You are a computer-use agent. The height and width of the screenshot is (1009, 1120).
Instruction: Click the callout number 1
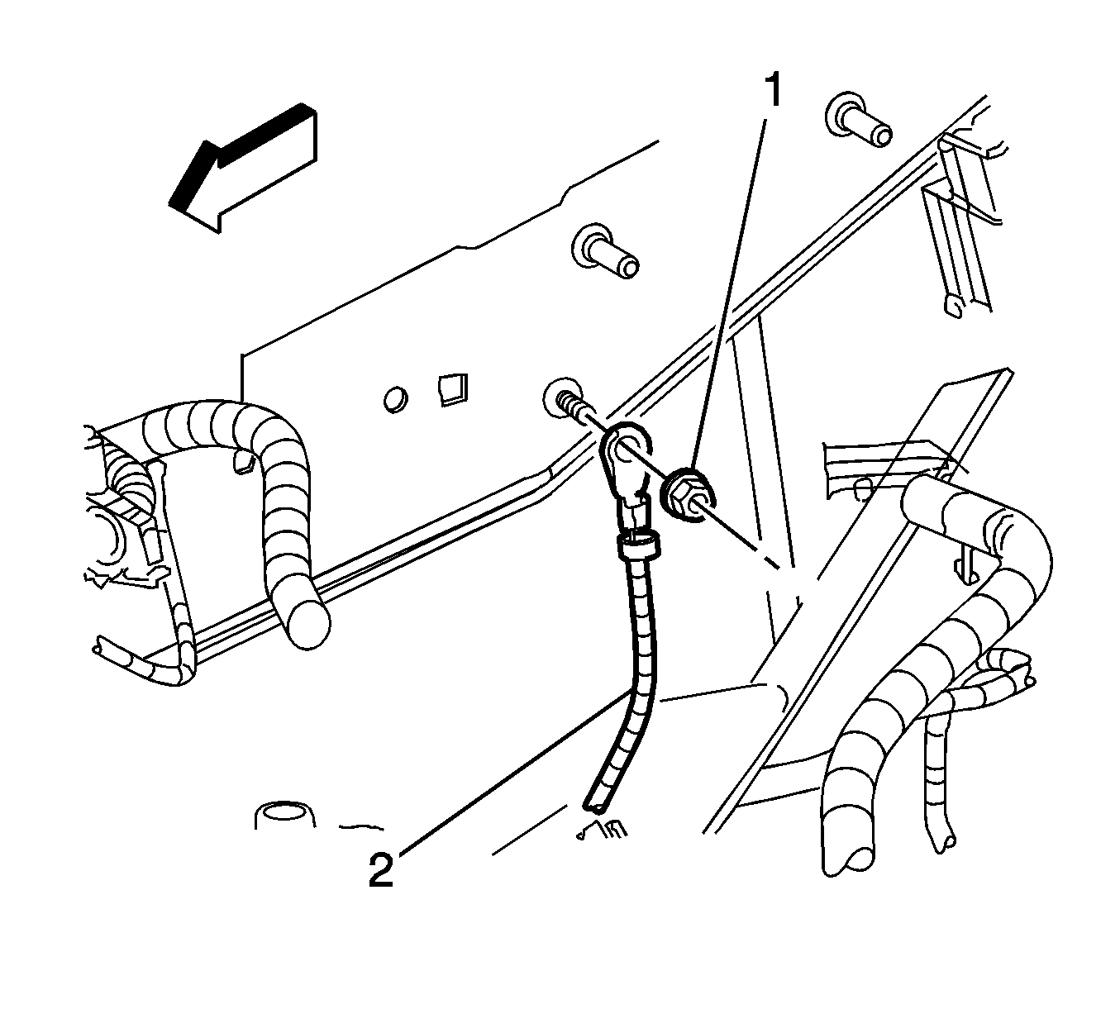[x=774, y=90]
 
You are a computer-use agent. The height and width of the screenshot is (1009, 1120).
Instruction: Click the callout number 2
[x=381, y=870]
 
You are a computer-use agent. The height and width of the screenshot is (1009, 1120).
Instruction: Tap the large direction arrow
[x=244, y=168]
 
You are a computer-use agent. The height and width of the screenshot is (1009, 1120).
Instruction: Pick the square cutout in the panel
[x=452, y=389]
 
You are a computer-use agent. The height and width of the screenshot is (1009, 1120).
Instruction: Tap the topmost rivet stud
[x=857, y=120]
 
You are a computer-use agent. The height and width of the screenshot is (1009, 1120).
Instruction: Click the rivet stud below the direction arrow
[x=605, y=252]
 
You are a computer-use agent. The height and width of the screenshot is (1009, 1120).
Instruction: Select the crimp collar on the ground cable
[x=637, y=546]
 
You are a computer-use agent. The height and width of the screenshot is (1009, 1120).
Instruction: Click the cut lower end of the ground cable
[x=596, y=807]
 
